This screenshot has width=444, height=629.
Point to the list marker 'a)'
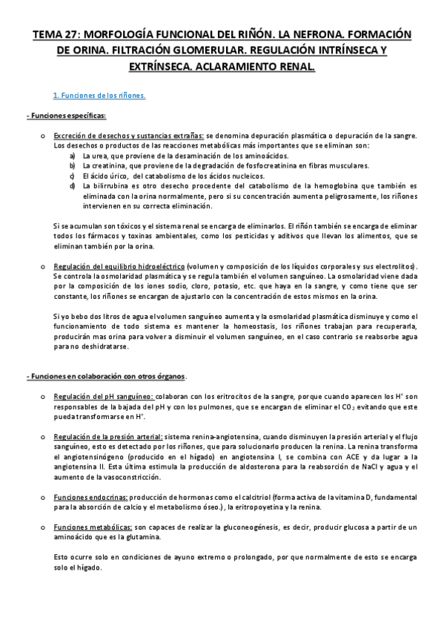click(x=72, y=156)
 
